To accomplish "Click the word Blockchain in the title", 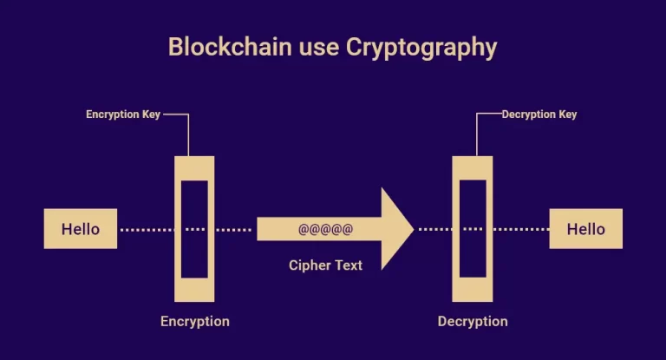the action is (230, 46).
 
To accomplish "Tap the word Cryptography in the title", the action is (421, 48).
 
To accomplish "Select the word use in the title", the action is (318, 48).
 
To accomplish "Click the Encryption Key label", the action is (123, 115).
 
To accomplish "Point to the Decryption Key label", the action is (539, 115).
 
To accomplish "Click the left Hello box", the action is (81, 229).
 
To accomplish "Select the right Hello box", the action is (585, 229).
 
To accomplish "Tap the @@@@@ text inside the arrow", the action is (326, 230).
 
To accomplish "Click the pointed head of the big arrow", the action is (413, 229).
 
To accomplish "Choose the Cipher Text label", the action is (325, 265).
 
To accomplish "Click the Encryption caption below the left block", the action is (195, 321).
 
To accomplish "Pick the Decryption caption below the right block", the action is (473, 321).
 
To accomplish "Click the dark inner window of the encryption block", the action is (194, 229).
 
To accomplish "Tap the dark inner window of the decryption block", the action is (473, 229).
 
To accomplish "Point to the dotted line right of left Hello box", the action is (147, 230).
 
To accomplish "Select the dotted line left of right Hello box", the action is (521, 230).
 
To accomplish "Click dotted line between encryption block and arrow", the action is (233, 230).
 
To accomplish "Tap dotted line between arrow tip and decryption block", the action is (435, 230).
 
